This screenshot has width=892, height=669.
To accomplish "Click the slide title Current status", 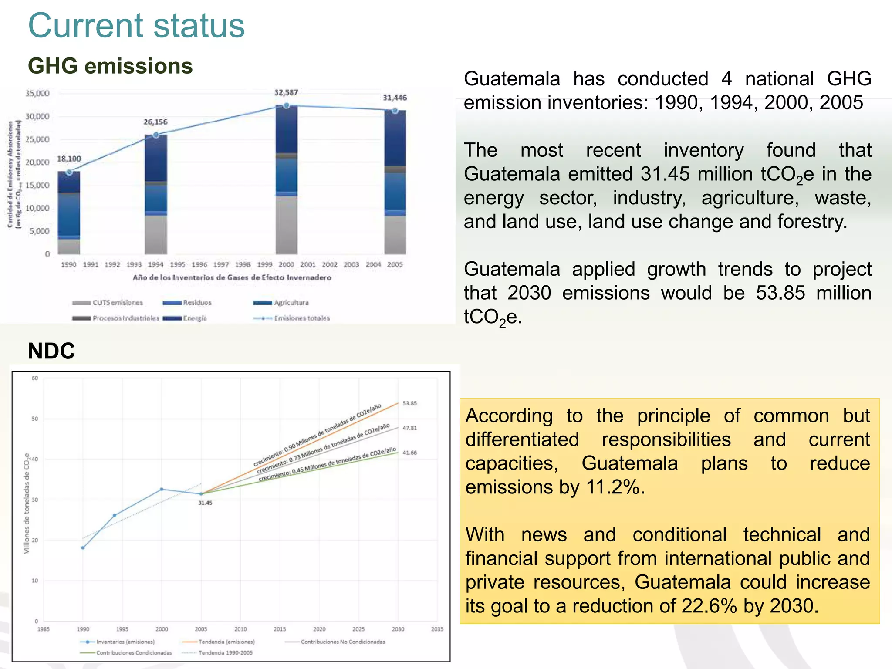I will (x=136, y=26).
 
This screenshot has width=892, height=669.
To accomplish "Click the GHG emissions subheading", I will (x=110, y=66).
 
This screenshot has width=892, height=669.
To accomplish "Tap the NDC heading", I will (x=51, y=351).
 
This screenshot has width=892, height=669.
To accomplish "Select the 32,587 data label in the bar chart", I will (x=286, y=92).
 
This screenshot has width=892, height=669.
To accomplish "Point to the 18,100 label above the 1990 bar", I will (x=69, y=159).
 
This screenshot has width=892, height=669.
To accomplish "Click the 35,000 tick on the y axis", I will (x=37, y=93).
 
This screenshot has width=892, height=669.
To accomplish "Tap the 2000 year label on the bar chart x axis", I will (x=286, y=264).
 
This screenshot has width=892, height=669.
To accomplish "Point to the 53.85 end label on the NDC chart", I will (x=409, y=403).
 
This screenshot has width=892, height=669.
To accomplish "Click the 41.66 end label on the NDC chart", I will (x=409, y=453).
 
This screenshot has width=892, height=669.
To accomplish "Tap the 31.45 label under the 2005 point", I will (x=205, y=503).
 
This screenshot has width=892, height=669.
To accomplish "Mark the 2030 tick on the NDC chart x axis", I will (x=398, y=629).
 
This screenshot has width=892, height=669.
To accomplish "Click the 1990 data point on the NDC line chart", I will (x=83, y=547).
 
